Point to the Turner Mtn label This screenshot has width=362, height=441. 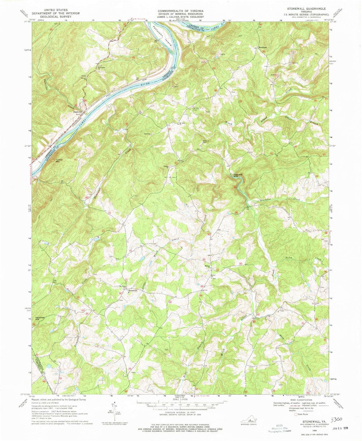point(59,161)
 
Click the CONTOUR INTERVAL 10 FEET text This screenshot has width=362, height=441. point(180,412)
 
